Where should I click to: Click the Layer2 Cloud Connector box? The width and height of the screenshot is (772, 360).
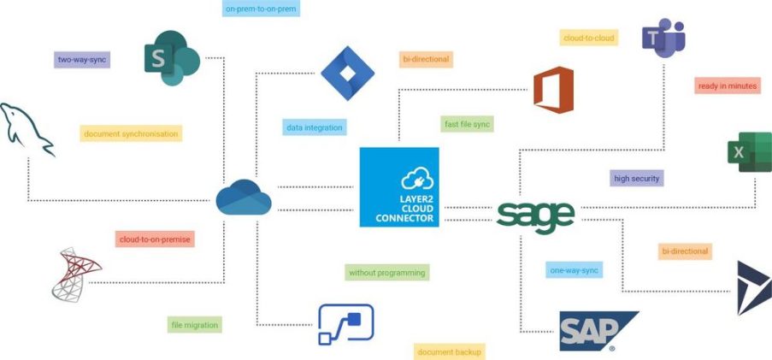[x=399, y=187]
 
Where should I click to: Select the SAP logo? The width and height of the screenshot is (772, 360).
[x=597, y=331]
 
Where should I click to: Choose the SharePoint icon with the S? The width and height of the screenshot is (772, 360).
[x=171, y=58]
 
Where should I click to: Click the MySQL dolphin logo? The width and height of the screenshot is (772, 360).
[x=27, y=129]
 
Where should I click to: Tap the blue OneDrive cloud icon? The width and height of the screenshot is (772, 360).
[x=244, y=198]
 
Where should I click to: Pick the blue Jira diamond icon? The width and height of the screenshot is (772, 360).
[x=347, y=74]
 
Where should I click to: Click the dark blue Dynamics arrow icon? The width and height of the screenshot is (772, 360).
[x=753, y=287]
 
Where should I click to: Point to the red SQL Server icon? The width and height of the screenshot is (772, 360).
[x=75, y=274]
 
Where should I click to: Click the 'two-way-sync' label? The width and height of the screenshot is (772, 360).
[x=82, y=60]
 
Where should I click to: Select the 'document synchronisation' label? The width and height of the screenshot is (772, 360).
[x=131, y=133]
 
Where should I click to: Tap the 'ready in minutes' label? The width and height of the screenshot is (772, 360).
[x=727, y=86]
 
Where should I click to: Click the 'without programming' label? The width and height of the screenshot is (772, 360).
[x=386, y=273]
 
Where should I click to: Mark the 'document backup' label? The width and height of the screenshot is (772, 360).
[x=450, y=351]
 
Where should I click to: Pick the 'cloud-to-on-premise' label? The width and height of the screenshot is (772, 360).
[x=155, y=239]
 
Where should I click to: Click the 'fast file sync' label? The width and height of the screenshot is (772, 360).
[x=468, y=124]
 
